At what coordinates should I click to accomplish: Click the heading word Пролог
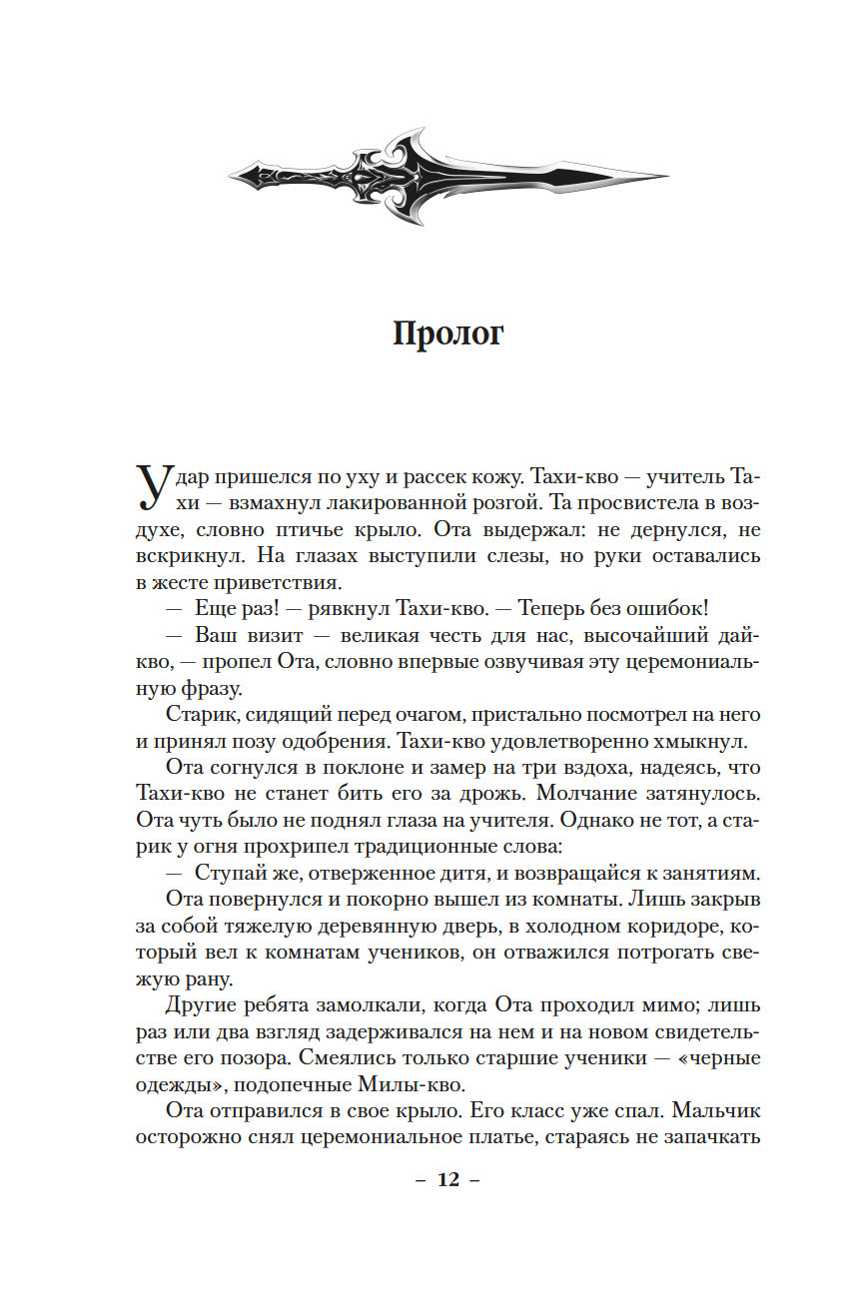click(448, 334)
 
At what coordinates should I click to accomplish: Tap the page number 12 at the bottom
click(447, 1179)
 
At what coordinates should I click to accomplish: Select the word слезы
click(494, 554)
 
